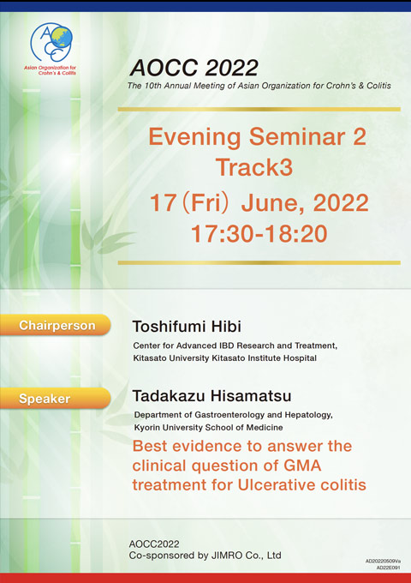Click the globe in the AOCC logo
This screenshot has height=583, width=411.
pyautogui.click(x=62, y=37)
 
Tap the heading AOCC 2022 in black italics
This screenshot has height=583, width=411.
pyautogui.click(x=194, y=68)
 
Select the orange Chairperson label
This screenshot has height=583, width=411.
pyautogui.click(x=56, y=325)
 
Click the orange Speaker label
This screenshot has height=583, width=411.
pyautogui.click(x=56, y=399)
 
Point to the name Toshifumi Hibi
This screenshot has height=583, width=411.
pyautogui.click(x=187, y=327)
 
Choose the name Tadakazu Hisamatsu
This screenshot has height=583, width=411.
pyautogui.click(x=211, y=395)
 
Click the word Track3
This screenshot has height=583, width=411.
pyautogui.click(x=254, y=167)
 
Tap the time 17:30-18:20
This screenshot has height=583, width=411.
pyautogui.click(x=259, y=234)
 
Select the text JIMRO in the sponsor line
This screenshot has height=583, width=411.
pyautogui.click(x=221, y=556)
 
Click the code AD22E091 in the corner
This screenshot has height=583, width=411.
pyautogui.click(x=389, y=568)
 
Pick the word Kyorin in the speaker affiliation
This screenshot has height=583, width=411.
pyautogui.click(x=146, y=428)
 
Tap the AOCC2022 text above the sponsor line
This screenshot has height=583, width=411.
pyautogui.click(x=154, y=544)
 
